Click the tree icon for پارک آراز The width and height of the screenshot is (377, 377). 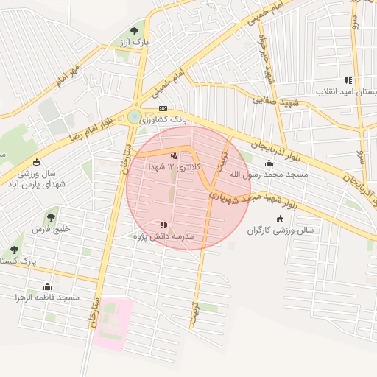pyautogui.click(x=134, y=31)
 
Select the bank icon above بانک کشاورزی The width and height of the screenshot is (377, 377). pyautogui.click(x=163, y=108)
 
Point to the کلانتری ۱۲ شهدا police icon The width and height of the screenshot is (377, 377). pyautogui.click(x=174, y=155)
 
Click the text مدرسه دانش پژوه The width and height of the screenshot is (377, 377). pyautogui.click(x=163, y=236)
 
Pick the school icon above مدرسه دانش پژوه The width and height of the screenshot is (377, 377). pyautogui.click(x=163, y=225)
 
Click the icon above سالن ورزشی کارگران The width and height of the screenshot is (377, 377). pyautogui.click(x=279, y=219)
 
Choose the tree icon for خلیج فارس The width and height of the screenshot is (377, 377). pyautogui.click(x=50, y=217)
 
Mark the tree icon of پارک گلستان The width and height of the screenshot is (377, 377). pyautogui.click(x=15, y=250)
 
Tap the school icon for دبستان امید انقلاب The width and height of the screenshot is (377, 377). pyautogui.click(x=348, y=80)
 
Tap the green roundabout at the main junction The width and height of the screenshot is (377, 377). pyautogui.click(x=133, y=116)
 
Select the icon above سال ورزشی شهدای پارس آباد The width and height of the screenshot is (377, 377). pyautogui.click(x=37, y=162)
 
